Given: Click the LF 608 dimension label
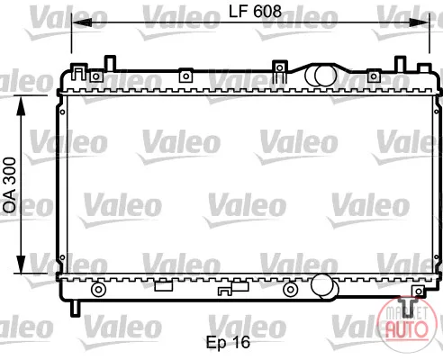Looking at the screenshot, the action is click(x=255, y=12).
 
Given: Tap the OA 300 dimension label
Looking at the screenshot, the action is click(x=9, y=185).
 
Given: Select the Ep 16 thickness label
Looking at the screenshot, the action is click(x=228, y=342).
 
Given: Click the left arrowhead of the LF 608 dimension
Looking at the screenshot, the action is click(x=82, y=22).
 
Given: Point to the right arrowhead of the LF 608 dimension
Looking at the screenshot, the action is click(x=420, y=22).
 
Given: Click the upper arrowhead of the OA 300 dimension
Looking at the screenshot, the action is click(x=21, y=105).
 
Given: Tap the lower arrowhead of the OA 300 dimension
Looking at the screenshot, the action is click(x=21, y=264).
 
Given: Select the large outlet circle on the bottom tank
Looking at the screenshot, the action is click(x=322, y=284).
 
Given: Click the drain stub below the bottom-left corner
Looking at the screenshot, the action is click(x=75, y=309).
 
